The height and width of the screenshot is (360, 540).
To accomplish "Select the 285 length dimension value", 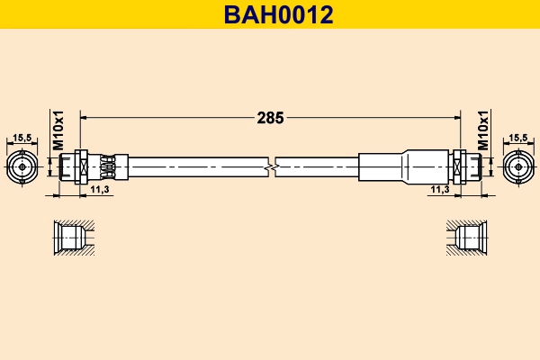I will click(270, 117).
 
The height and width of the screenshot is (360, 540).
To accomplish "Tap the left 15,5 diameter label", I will click(23, 138).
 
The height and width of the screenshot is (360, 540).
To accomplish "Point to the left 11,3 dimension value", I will click(101, 190).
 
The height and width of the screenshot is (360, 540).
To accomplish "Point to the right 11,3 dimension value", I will click(439, 190).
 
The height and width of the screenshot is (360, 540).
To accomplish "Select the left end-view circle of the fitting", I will click(23, 167).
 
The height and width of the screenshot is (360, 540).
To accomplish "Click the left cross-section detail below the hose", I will click(70, 238).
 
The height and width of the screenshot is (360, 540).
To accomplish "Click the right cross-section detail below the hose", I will click(469, 238).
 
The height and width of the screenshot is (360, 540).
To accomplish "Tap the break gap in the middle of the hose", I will click(274, 166).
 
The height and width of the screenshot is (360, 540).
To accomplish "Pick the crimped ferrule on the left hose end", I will click(108, 167).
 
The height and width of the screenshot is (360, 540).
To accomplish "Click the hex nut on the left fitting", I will click(80, 167).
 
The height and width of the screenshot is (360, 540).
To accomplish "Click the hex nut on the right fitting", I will click(459, 167).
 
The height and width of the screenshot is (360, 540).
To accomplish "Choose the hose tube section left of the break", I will click(198, 166).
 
